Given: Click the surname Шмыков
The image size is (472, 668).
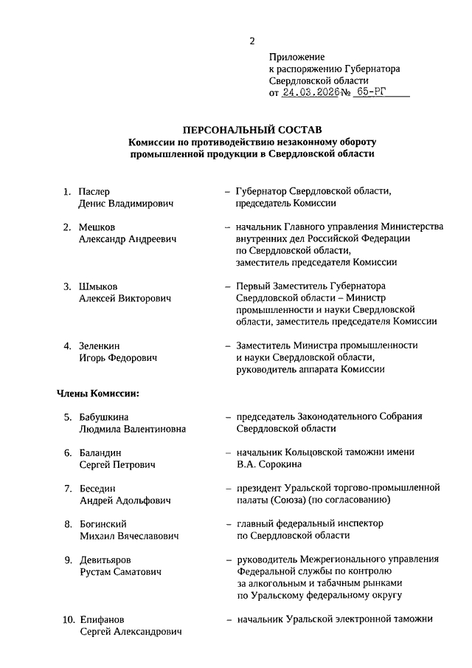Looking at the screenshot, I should pyautogui.click(x=98, y=286).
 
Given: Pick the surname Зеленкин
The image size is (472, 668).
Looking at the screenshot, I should pyautogui.click(x=102, y=345).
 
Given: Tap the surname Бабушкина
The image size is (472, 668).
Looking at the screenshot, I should pyautogui.click(x=108, y=417).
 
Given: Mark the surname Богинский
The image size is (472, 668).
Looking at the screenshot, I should pyautogui.click(x=104, y=524).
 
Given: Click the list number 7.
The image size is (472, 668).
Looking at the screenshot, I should pyautogui.click(x=67, y=489).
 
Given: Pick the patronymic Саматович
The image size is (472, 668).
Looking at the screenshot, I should pyautogui.click(x=145, y=571).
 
